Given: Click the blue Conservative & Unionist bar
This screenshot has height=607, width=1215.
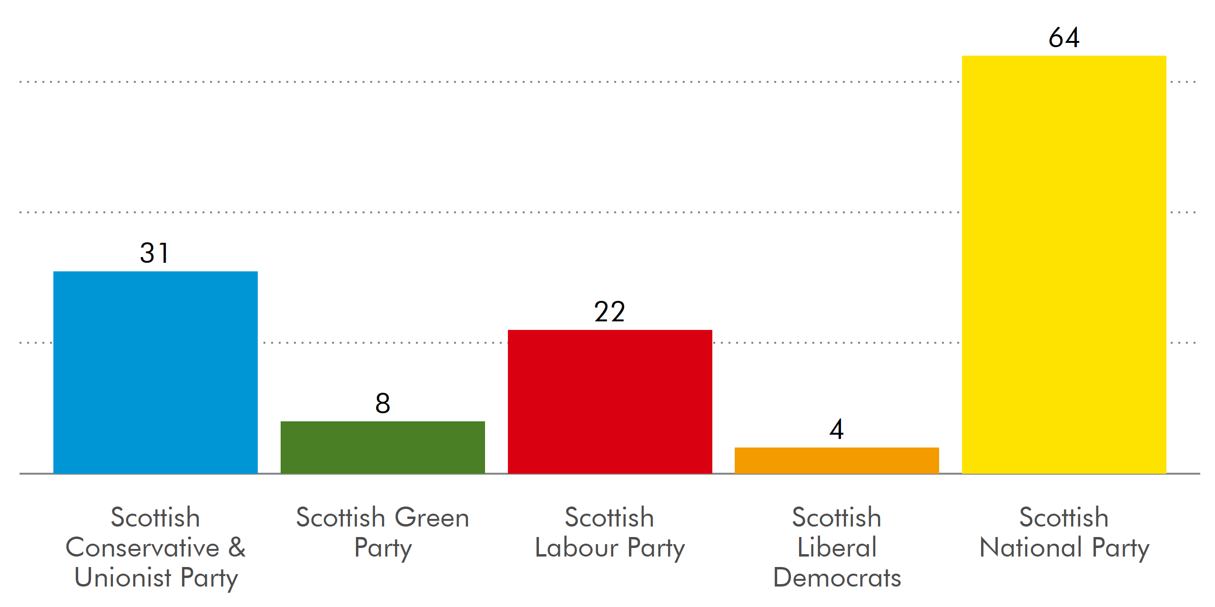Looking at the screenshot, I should tap(155, 372).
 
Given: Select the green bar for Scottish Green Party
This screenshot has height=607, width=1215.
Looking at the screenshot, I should tap(383, 447).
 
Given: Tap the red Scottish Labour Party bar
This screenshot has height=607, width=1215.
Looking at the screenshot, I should tap(610, 401).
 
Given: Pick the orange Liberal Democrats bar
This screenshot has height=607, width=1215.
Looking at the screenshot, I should tap(837, 460).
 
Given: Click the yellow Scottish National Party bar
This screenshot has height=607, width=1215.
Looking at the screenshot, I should tap(1064, 264).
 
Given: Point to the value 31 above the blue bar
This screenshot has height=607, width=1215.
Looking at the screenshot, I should tap(154, 253).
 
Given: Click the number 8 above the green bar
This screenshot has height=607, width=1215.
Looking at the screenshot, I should tap(383, 403).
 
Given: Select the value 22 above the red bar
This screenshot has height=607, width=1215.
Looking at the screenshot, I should tap(609, 312).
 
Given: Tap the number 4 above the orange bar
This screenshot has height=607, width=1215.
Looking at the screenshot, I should tap(837, 429).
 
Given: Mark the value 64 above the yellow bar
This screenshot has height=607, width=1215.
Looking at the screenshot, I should tap(1064, 37).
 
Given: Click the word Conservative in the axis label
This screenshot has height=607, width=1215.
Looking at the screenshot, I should tap(142, 547).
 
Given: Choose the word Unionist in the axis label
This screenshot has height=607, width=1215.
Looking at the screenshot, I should tap(123, 577).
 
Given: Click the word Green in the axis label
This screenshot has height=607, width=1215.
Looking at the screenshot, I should tap(432, 517).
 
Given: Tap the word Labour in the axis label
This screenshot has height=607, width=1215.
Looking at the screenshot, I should tap(577, 547).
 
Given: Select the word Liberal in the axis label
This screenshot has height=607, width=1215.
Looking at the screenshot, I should tap(837, 547).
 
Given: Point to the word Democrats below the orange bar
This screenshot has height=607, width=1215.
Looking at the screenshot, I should tap(837, 577).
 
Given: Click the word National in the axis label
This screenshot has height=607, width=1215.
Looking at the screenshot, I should tap(1031, 547).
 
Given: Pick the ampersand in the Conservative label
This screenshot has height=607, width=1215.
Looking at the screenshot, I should tap(237, 547).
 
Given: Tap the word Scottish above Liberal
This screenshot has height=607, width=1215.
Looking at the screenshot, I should tap(837, 517).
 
